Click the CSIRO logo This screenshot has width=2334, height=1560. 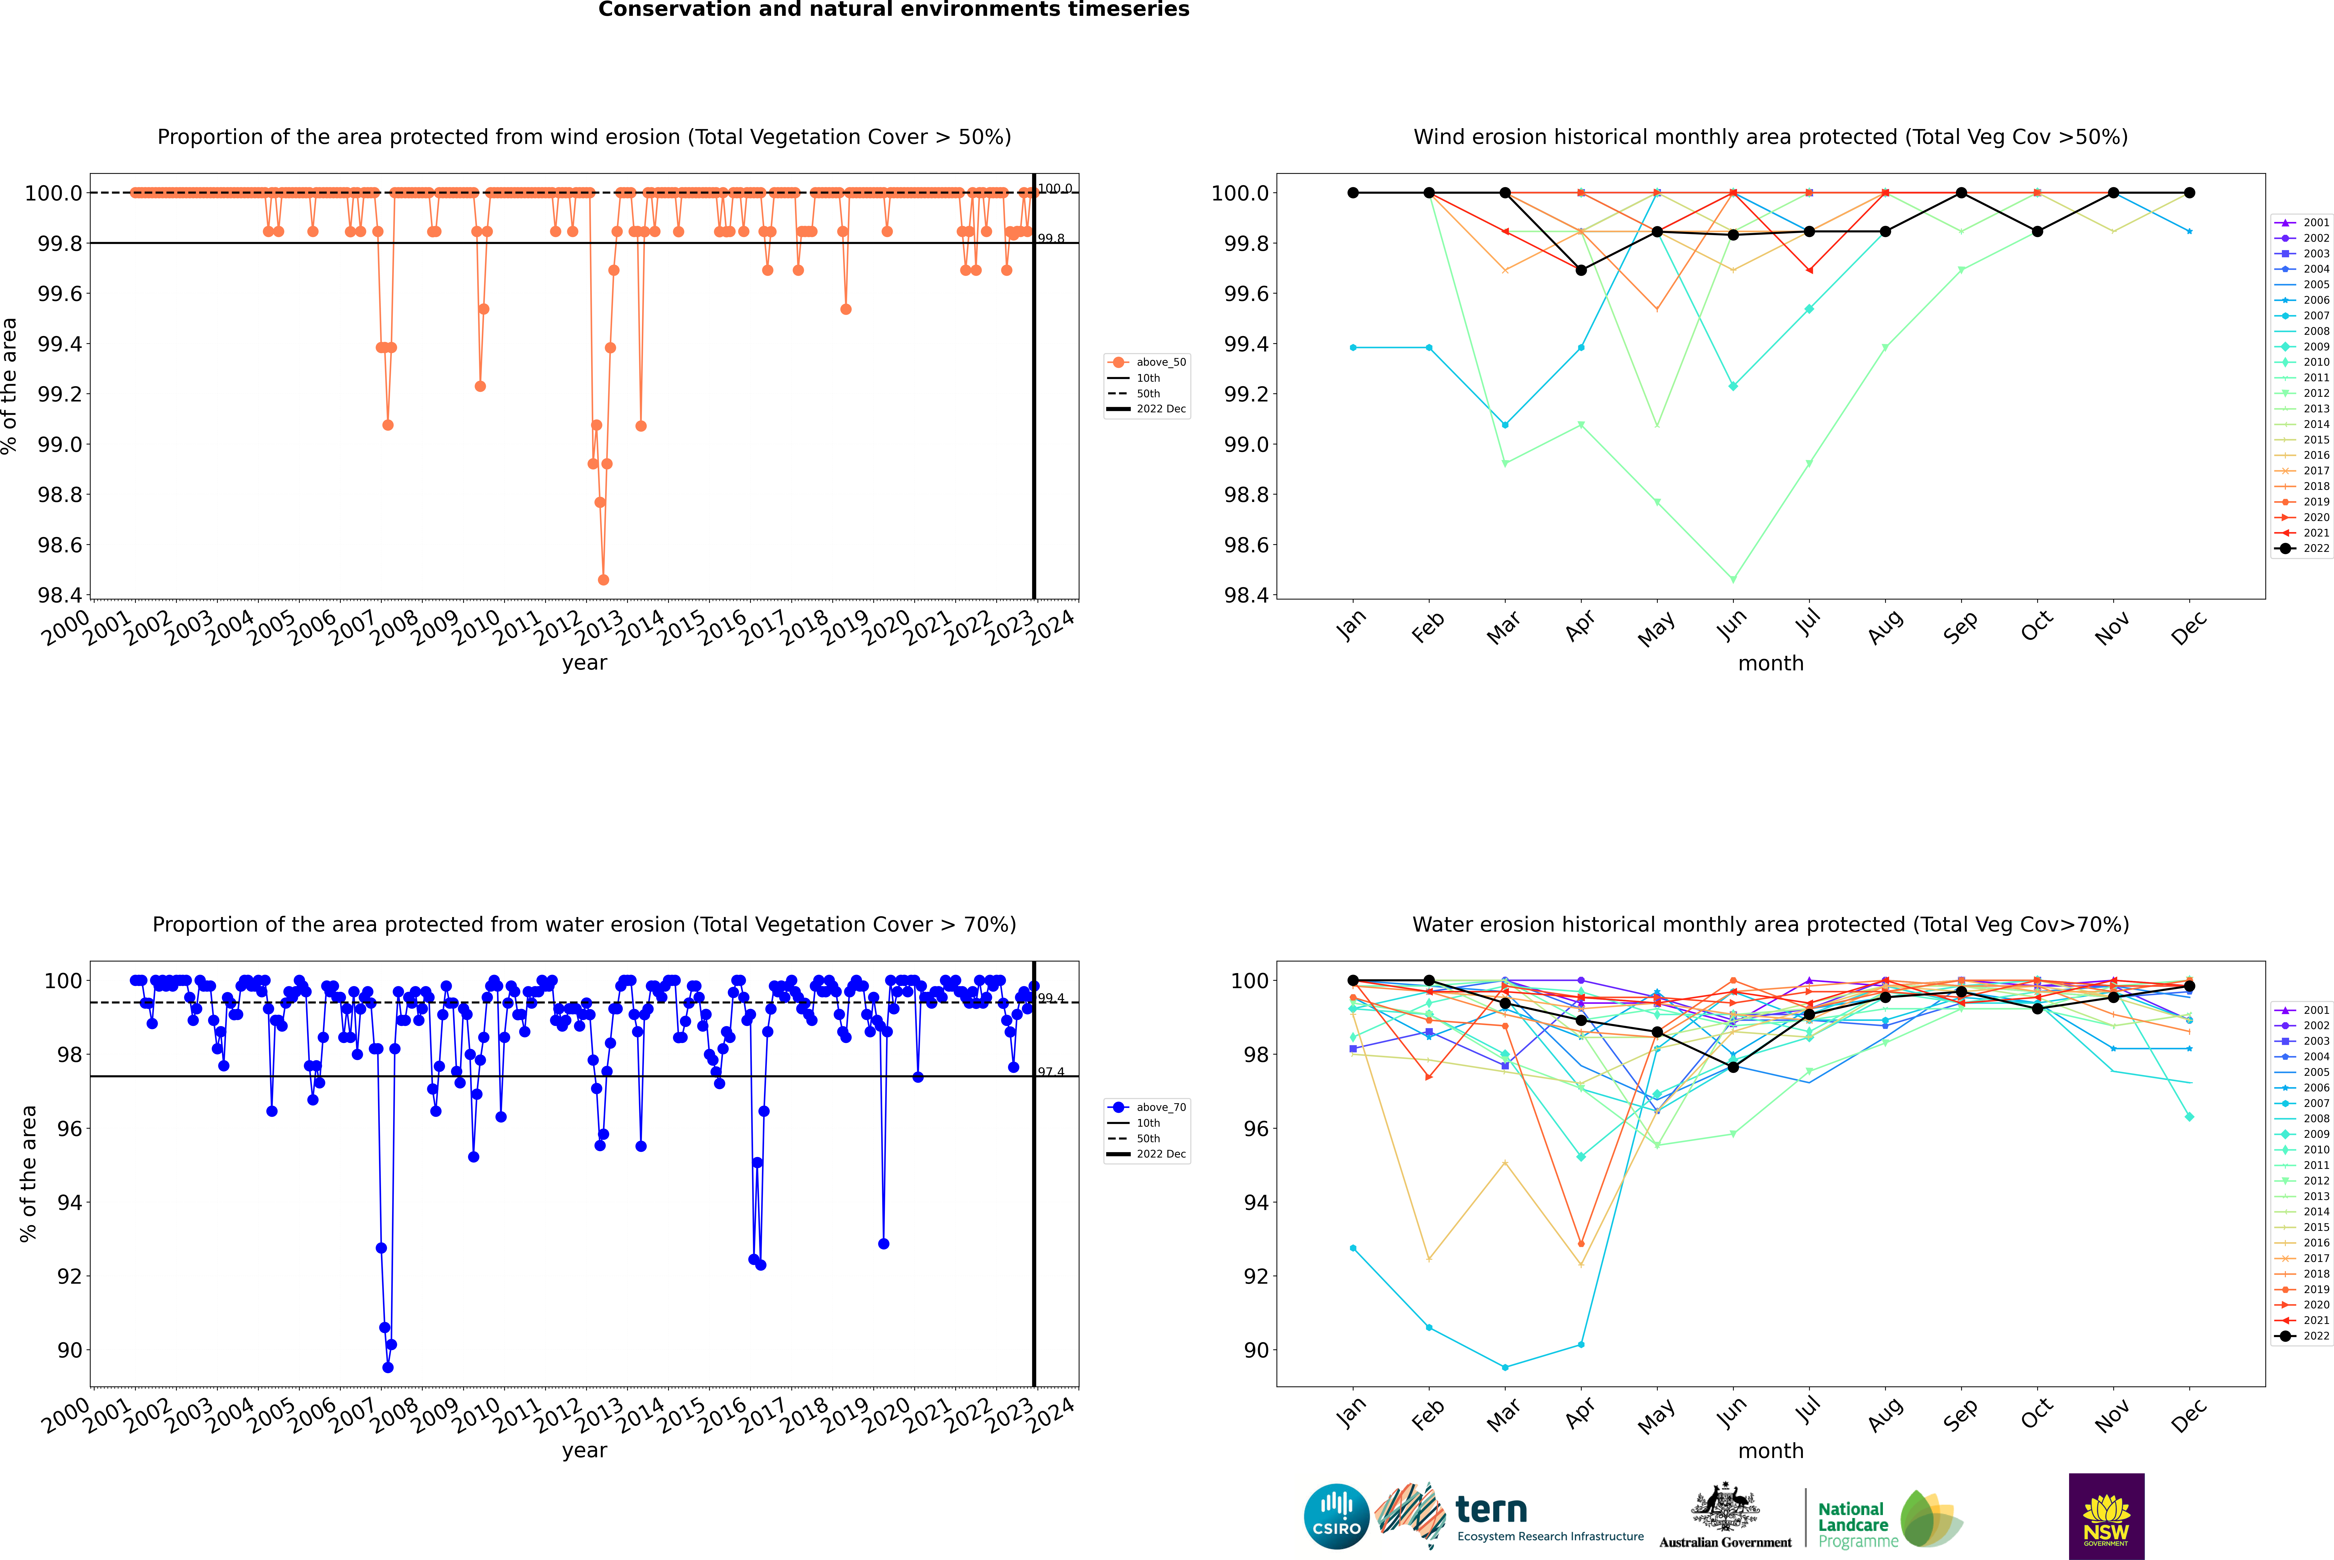(1336, 1516)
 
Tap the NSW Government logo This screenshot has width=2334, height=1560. (2106, 1516)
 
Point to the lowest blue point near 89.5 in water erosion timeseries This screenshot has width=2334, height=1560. (388, 1367)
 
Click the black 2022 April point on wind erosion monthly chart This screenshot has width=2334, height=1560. (1581, 270)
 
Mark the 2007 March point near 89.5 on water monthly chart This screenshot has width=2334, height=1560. (1505, 1367)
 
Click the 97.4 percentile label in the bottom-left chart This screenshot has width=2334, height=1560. (1051, 1072)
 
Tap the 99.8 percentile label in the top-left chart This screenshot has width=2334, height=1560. (1051, 239)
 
